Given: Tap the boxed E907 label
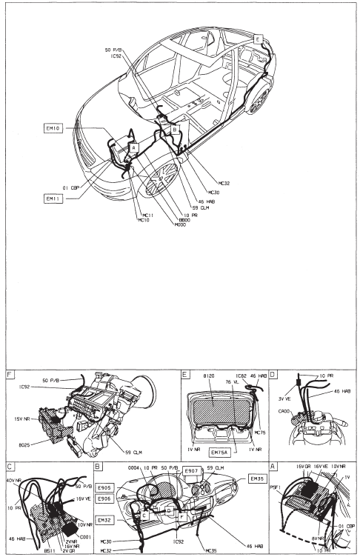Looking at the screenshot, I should coord(191,470).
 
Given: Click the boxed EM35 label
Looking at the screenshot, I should coord(257,479).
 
